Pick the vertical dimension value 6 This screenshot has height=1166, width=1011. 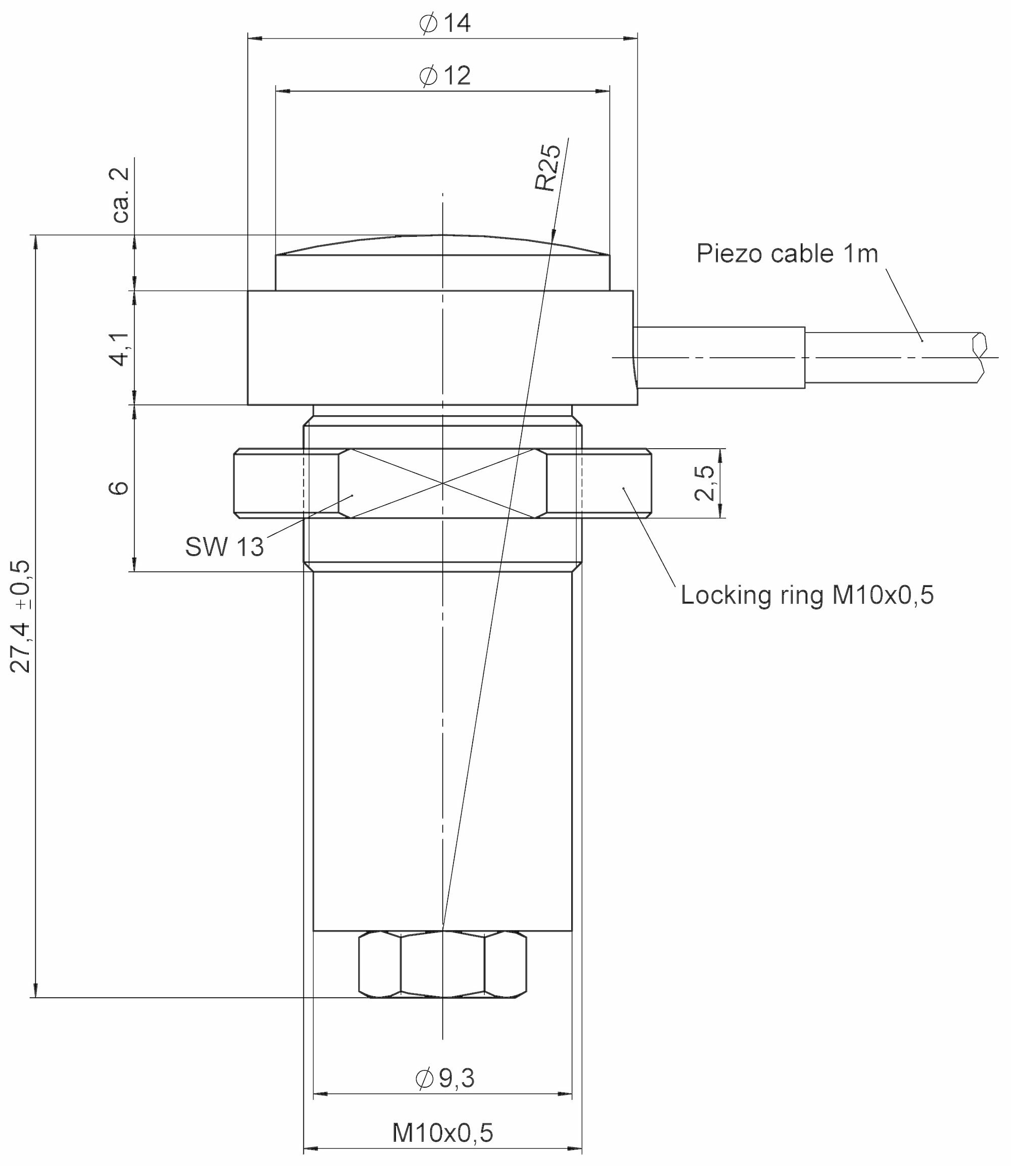[x=119, y=488]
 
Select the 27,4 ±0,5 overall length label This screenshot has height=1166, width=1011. [x=23, y=616]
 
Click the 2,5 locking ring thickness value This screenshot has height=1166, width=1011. [x=705, y=482]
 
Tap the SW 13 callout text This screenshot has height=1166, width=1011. [x=224, y=547]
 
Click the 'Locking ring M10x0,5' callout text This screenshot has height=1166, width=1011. [x=807, y=596]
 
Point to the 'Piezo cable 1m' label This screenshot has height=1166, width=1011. [x=788, y=254]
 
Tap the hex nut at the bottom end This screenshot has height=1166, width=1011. [x=443, y=964]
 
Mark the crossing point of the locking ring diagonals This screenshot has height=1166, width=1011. [x=443, y=483]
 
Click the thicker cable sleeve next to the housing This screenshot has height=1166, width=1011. [x=719, y=358]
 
